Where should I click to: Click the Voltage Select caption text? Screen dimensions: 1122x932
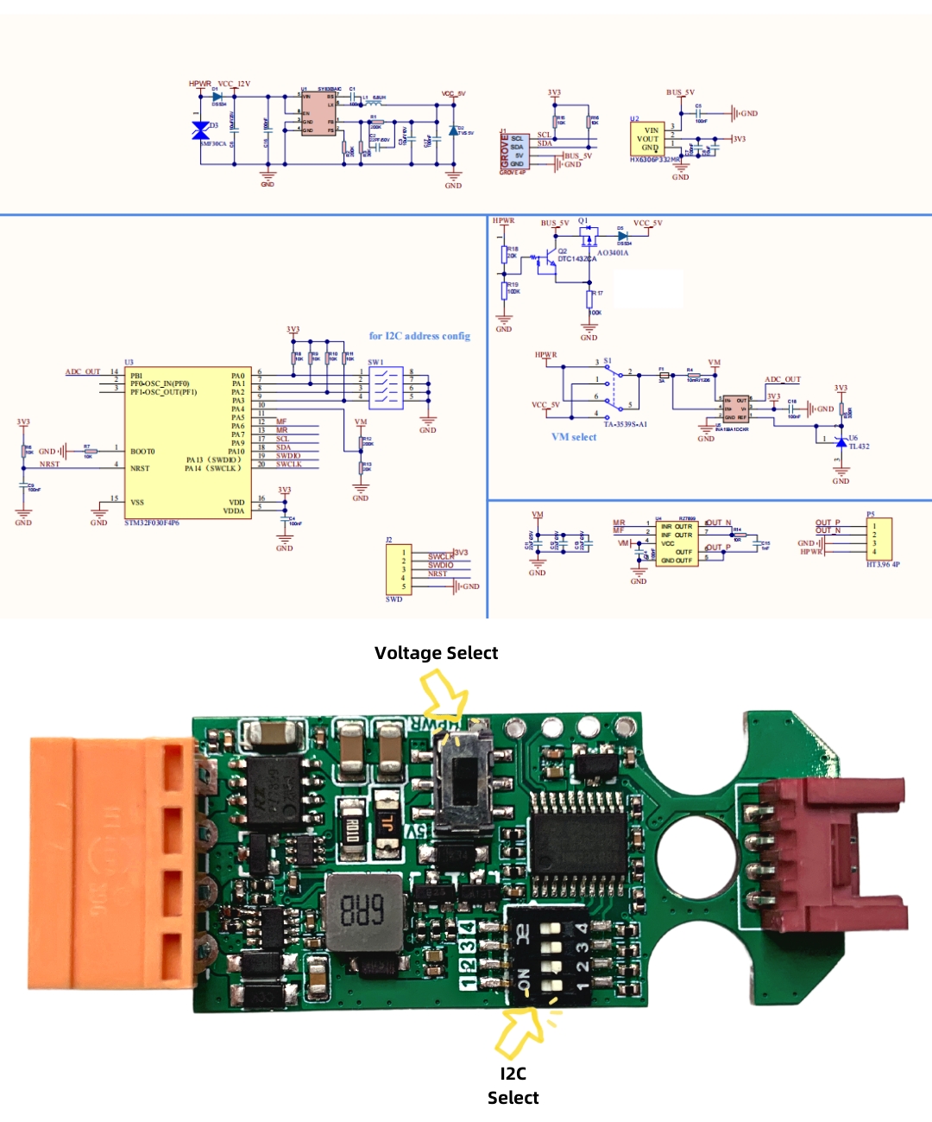[x=436, y=653]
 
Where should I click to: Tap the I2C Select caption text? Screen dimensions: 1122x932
[x=513, y=1086]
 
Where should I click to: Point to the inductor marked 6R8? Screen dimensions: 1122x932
[x=363, y=910]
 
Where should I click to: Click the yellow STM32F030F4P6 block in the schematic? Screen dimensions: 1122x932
[x=176, y=442]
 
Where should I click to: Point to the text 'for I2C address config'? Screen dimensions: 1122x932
[x=419, y=336]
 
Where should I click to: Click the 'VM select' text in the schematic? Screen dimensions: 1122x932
[x=574, y=437]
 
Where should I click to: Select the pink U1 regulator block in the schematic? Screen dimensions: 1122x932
[x=318, y=114]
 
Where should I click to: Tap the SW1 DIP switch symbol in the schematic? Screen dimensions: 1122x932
[x=385, y=387]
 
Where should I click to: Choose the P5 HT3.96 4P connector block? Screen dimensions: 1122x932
[x=879, y=539]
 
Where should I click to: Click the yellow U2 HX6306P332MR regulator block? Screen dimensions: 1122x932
[x=648, y=139]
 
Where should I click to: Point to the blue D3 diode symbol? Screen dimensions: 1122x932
[x=200, y=130]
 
